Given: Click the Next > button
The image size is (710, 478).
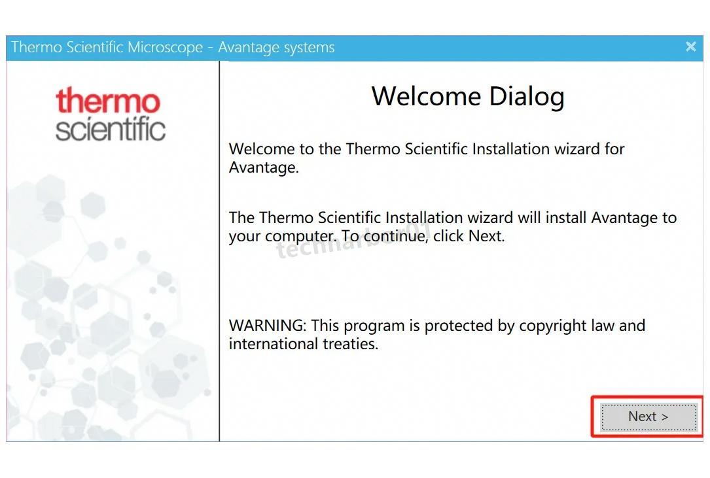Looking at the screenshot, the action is click(x=648, y=417).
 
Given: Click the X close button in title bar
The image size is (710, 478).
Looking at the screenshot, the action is click(x=690, y=46).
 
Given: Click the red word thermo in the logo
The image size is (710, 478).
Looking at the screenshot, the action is click(x=108, y=100).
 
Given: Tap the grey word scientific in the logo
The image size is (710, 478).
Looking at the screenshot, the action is click(x=111, y=129).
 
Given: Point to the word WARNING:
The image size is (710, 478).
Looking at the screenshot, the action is click(x=268, y=326).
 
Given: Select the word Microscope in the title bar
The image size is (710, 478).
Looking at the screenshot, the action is click(x=165, y=48).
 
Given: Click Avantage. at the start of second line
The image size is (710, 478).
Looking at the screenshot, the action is click(x=264, y=167).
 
